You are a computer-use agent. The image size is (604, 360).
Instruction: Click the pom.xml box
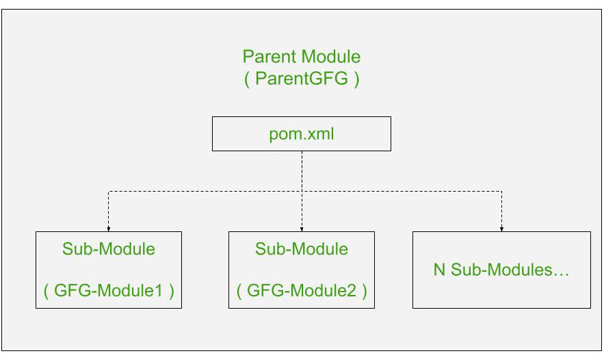click(x=301, y=133)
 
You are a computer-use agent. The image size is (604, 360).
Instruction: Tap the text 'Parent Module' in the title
click(x=301, y=56)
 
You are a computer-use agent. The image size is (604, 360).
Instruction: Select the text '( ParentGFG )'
click(x=301, y=79)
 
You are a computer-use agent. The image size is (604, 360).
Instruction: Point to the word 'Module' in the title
click(x=330, y=56)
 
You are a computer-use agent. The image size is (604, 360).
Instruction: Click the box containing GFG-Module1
click(x=109, y=270)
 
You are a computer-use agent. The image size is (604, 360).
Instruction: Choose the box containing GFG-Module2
click(x=302, y=270)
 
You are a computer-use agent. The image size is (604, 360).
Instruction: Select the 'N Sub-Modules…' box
click(x=501, y=270)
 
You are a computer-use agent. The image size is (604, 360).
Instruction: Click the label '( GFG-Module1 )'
click(x=109, y=291)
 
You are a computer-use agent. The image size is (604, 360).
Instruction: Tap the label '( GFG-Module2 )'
click(x=302, y=291)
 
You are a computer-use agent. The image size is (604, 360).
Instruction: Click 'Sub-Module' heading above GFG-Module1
click(x=109, y=249)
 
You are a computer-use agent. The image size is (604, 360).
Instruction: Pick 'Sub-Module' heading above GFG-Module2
click(x=302, y=249)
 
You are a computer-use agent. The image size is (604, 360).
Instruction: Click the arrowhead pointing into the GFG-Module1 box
click(x=109, y=229)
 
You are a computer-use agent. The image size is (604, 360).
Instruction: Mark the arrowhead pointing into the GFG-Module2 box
click(x=302, y=229)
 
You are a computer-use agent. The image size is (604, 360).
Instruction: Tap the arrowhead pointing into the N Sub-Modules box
click(x=501, y=229)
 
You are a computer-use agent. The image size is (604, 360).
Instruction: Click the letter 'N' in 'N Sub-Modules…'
click(x=439, y=270)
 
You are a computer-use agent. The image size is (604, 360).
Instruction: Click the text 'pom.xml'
click(x=301, y=133)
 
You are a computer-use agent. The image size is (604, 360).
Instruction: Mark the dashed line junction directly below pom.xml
click(x=302, y=192)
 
